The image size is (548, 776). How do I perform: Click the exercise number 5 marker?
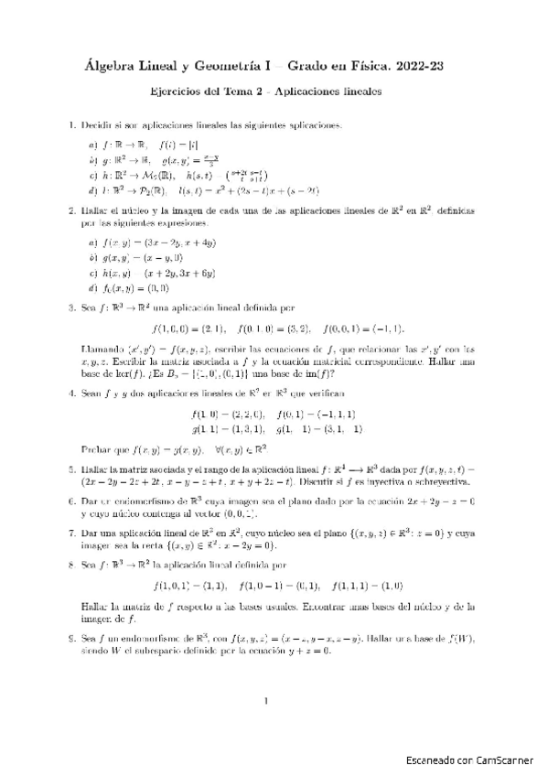coord(71,469)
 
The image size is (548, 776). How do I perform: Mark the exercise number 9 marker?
coord(71,638)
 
